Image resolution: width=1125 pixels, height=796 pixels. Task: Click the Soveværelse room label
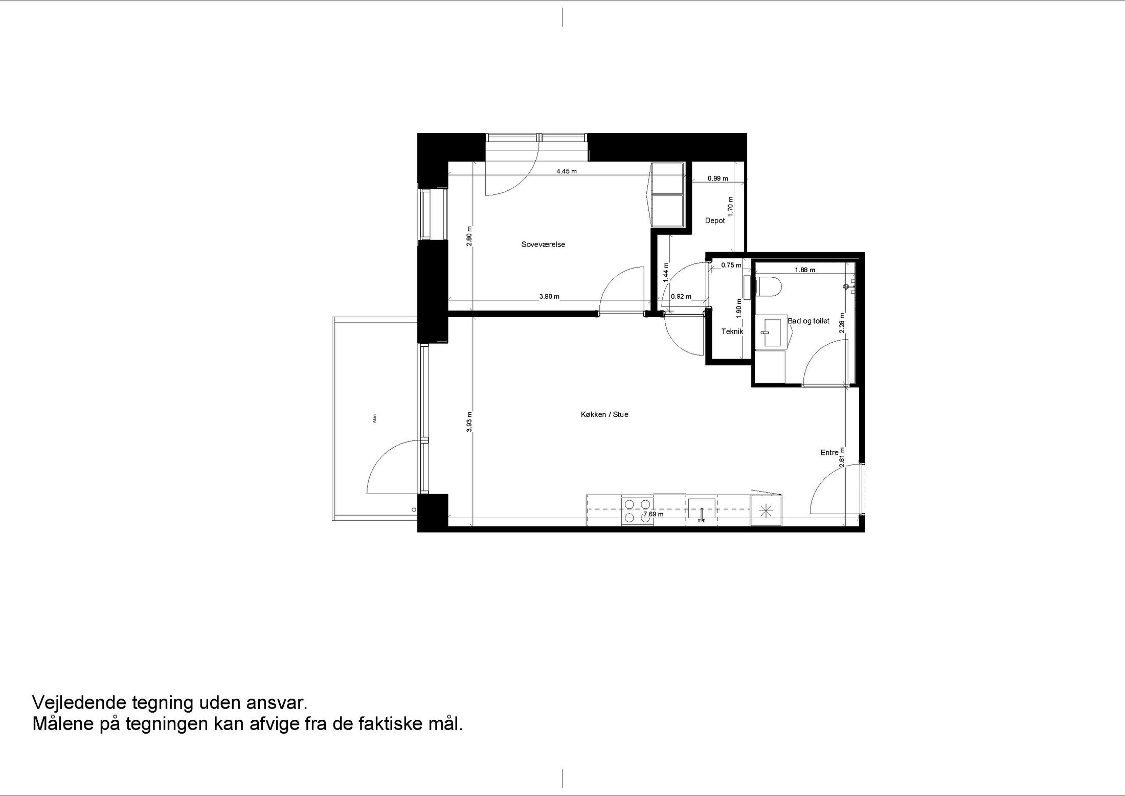click(543, 245)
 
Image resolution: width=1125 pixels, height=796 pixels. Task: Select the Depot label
click(715, 221)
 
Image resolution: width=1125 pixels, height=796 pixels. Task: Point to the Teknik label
click(732, 331)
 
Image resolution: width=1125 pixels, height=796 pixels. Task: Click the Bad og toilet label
click(808, 321)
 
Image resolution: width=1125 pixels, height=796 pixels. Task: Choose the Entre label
click(829, 453)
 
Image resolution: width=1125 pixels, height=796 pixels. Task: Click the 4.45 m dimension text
click(567, 171)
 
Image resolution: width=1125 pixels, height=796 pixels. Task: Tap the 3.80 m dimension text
click(549, 296)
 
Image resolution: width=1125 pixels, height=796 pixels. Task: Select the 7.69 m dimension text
click(654, 514)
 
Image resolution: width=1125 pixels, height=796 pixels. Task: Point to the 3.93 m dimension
click(469, 422)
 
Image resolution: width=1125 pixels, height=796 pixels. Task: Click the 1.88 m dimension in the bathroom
click(805, 270)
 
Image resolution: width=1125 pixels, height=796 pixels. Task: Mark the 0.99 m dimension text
click(717, 179)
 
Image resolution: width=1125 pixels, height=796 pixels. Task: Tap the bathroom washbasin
click(772, 332)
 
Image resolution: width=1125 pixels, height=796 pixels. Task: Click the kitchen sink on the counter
click(702, 511)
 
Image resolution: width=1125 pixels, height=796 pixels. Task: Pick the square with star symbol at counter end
click(766, 510)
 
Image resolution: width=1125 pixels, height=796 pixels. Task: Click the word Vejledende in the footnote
click(79, 702)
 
